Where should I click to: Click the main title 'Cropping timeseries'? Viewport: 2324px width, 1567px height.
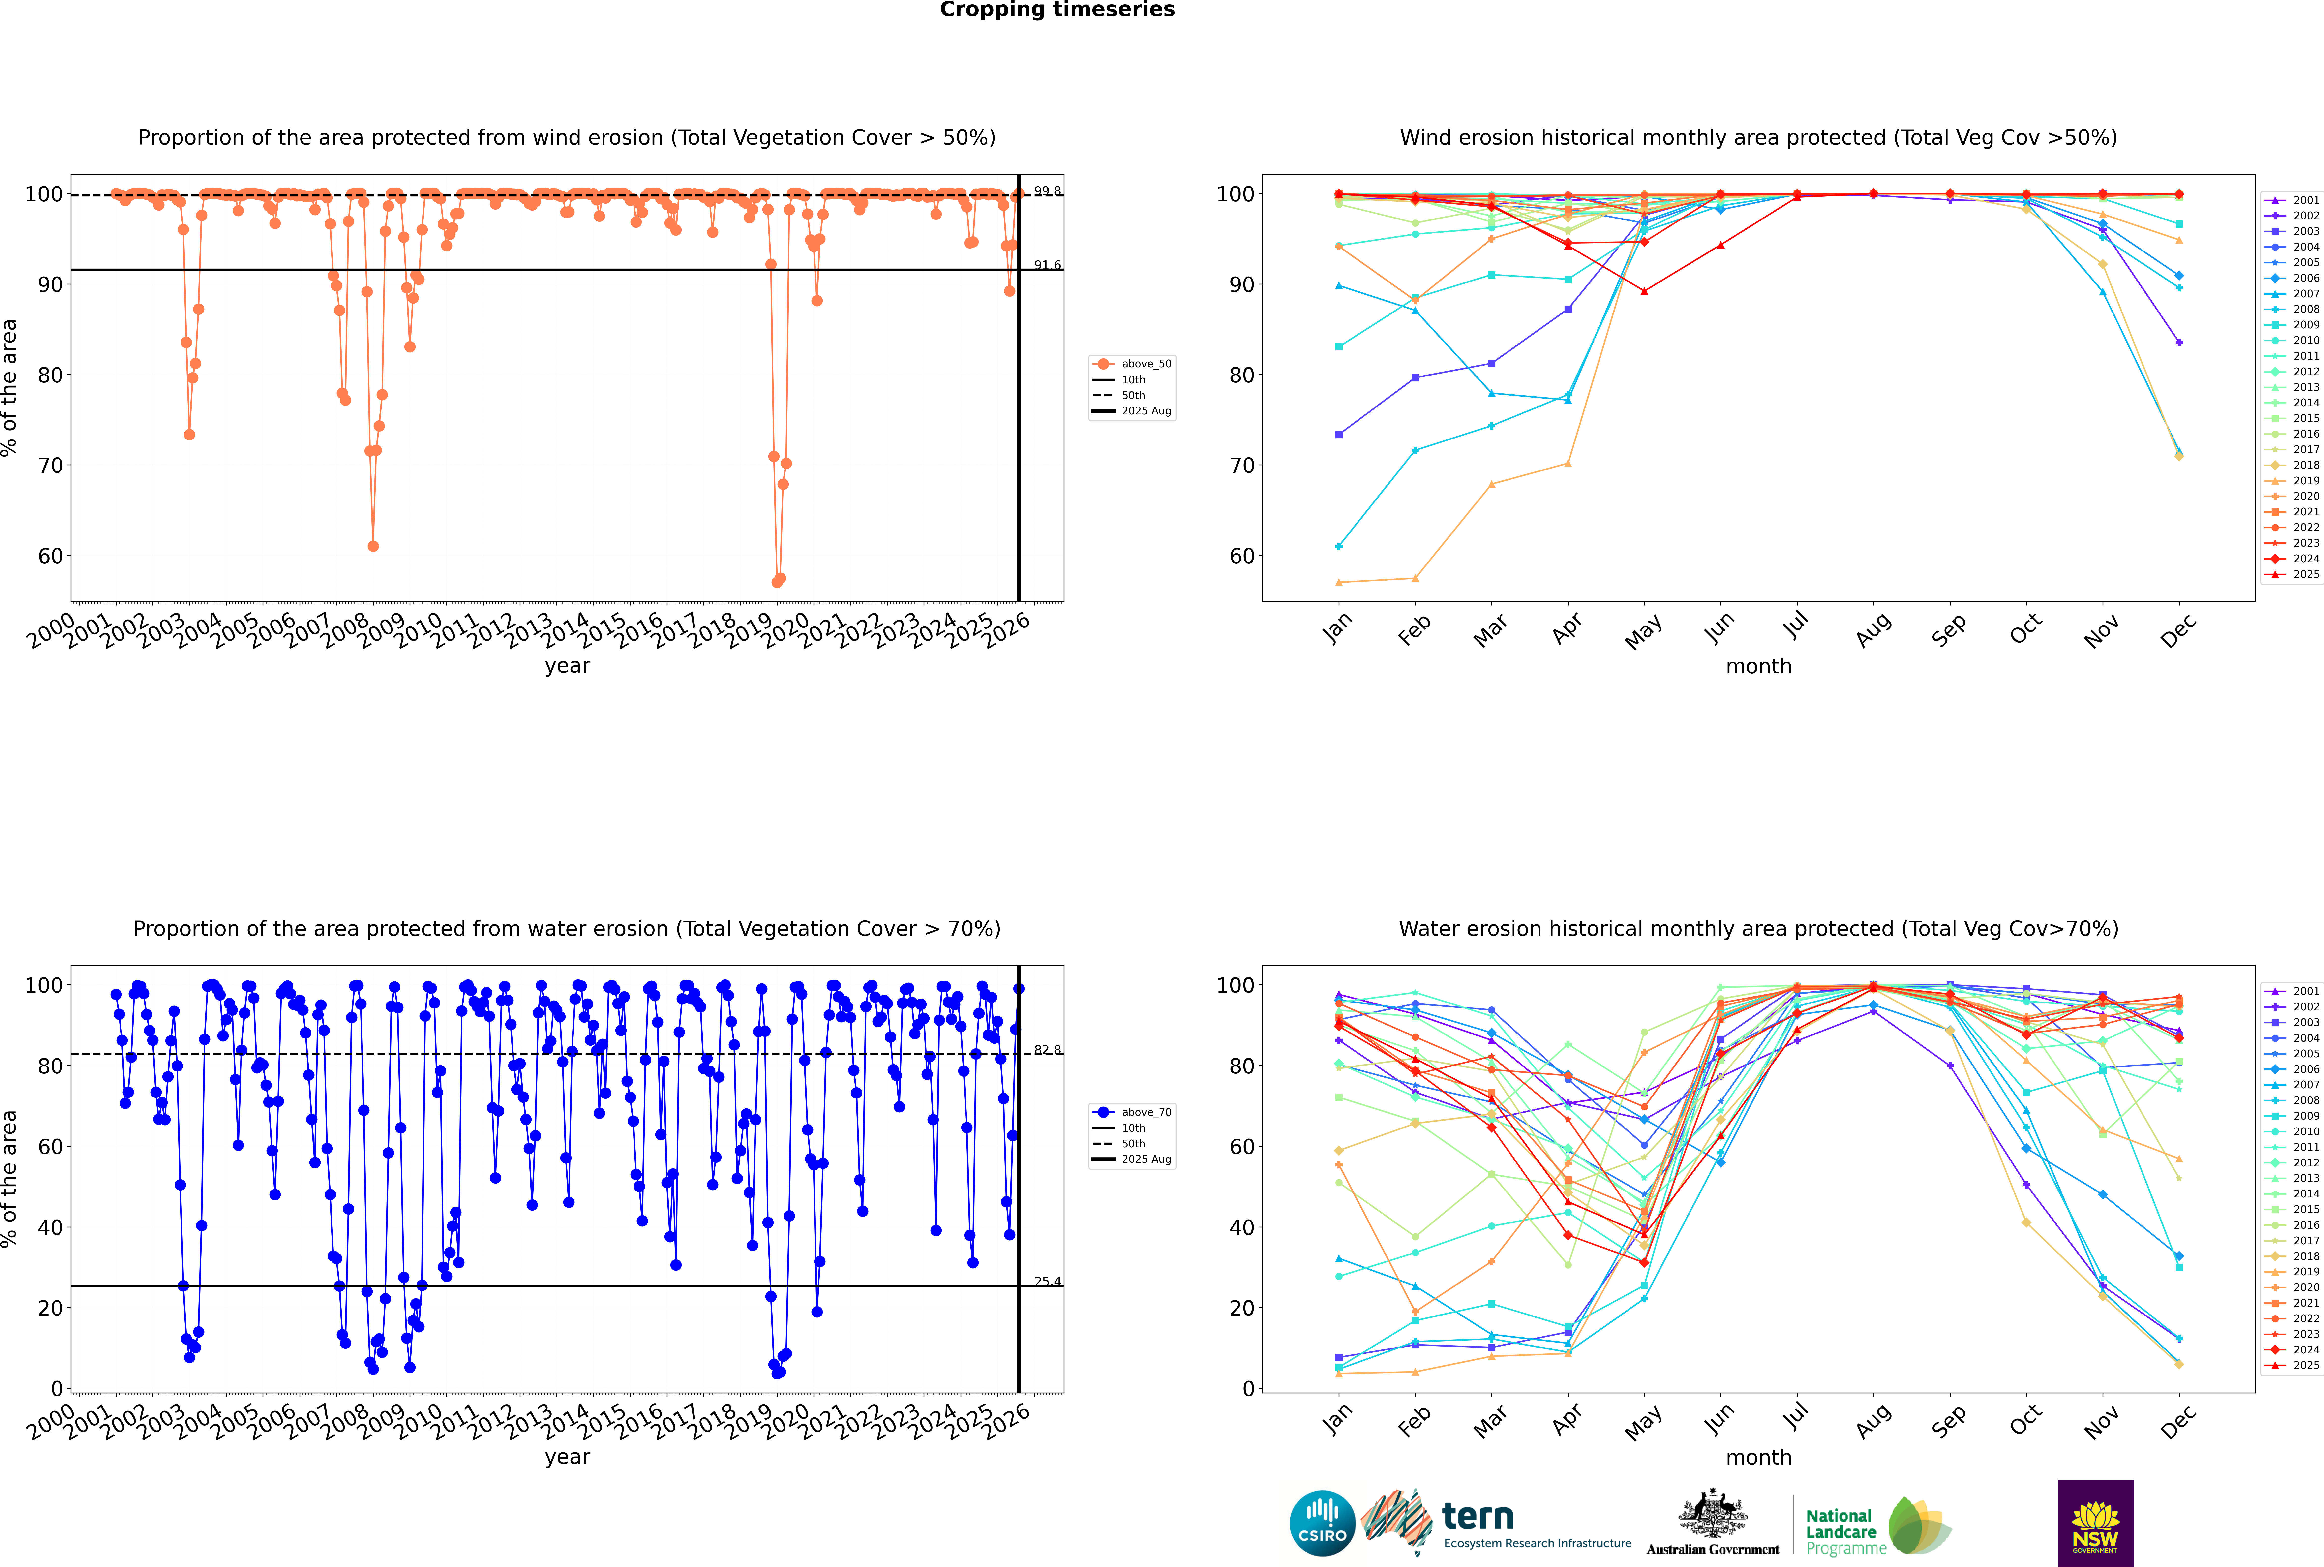[1057, 10]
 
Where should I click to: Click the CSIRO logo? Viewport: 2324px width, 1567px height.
[1322, 1523]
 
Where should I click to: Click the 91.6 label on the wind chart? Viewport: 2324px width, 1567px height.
[1047, 265]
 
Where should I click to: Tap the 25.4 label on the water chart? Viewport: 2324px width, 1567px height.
[1047, 1281]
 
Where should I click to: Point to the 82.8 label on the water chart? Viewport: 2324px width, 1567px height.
[1047, 1049]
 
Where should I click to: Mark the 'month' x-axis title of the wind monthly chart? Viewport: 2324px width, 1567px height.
[1758, 667]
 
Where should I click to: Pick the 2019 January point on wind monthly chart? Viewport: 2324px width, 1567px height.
[1339, 583]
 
